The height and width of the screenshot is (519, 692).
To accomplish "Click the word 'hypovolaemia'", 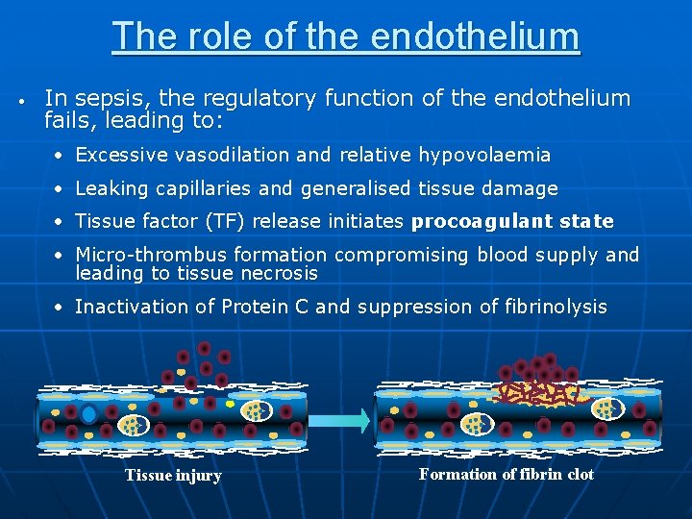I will click(x=480, y=155).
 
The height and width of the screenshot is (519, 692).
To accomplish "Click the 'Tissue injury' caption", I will click(x=173, y=476).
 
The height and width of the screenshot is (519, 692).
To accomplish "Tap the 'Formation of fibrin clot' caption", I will click(x=507, y=475).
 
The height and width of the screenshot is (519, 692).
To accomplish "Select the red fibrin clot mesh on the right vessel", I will click(x=533, y=392).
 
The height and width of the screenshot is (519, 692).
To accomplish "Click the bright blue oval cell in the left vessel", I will click(x=88, y=415).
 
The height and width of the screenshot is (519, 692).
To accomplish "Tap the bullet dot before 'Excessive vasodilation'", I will click(x=59, y=156).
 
